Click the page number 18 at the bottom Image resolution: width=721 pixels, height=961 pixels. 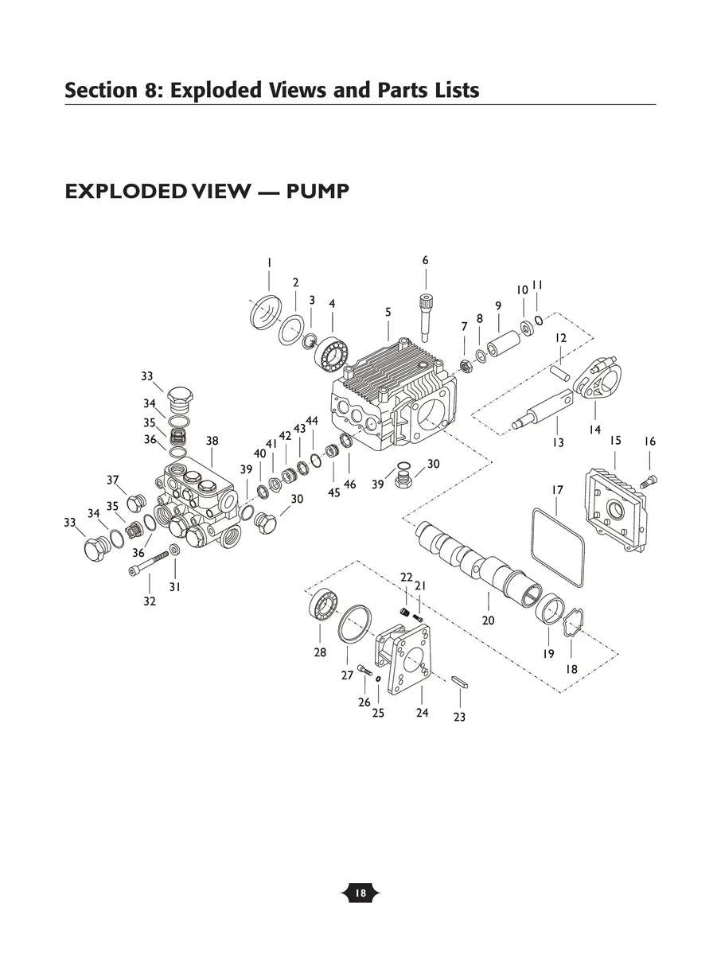click(360, 893)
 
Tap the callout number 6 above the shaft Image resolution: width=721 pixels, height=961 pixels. click(425, 260)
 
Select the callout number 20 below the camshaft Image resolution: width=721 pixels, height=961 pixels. click(488, 620)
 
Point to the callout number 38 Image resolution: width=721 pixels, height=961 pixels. click(212, 441)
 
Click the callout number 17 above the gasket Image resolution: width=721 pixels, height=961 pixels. click(557, 490)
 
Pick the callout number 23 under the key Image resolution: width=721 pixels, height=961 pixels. click(459, 717)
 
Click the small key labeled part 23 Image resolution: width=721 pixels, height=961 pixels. click(460, 680)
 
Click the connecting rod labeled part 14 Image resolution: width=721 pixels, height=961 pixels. click(594, 383)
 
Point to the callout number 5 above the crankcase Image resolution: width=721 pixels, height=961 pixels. click(388, 313)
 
